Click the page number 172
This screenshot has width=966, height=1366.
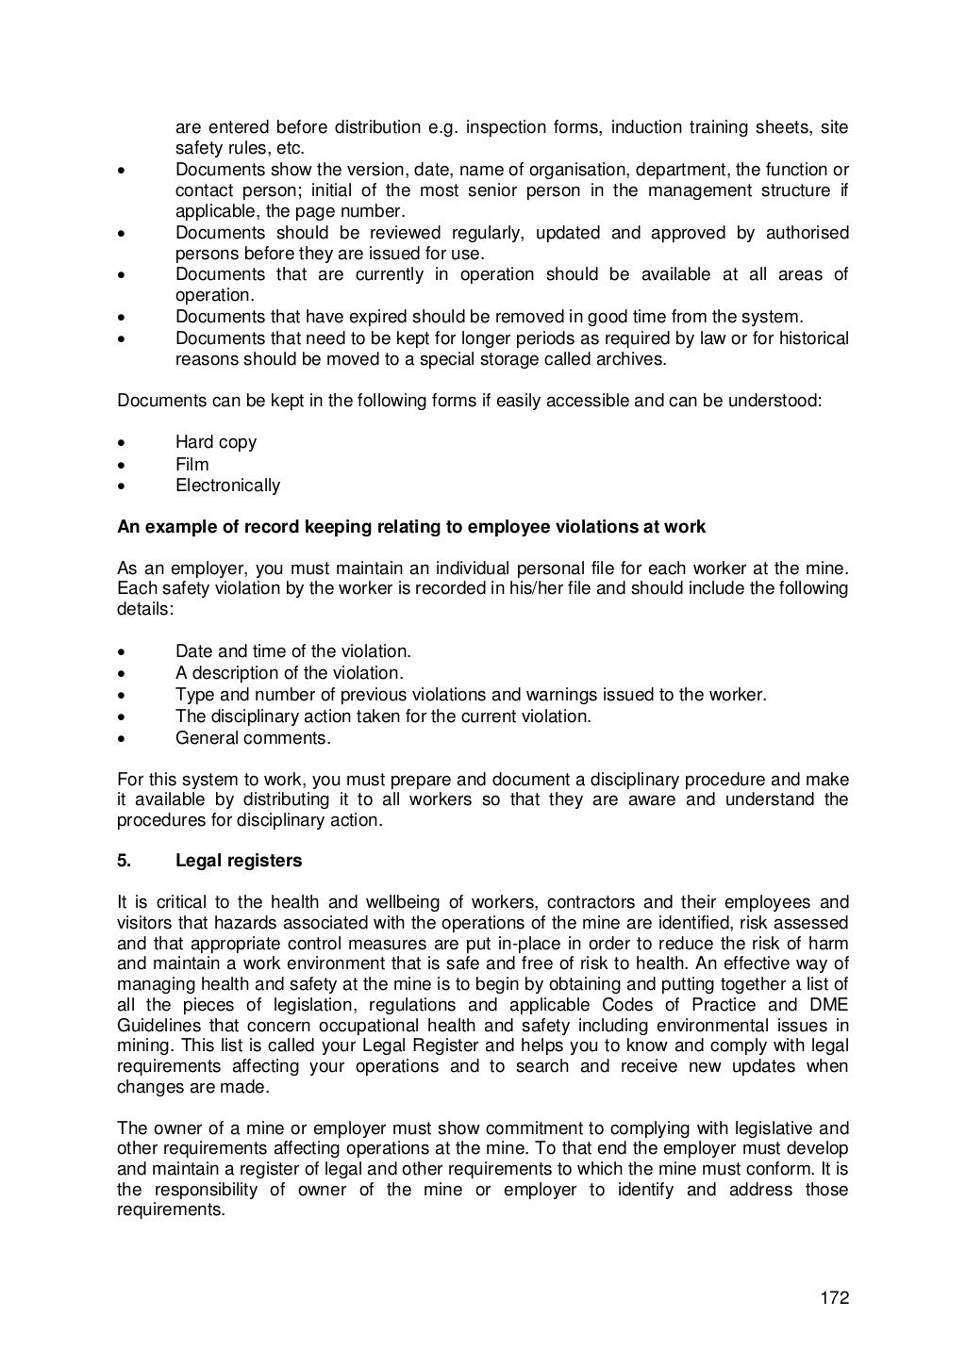(x=834, y=1298)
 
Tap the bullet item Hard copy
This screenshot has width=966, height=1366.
(x=215, y=442)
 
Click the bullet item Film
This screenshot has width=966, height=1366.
(x=192, y=464)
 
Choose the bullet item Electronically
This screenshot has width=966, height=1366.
(x=227, y=486)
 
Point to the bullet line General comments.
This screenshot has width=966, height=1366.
(x=253, y=738)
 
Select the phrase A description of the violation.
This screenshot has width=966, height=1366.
(x=289, y=673)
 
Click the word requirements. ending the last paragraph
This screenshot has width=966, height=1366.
(x=171, y=1210)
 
